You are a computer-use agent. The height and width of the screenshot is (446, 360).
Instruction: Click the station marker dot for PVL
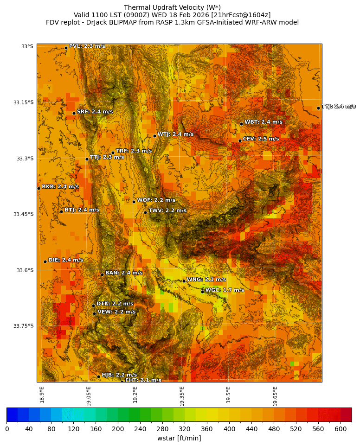click(66, 48)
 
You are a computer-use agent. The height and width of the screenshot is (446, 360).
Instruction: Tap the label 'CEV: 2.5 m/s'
click(261, 139)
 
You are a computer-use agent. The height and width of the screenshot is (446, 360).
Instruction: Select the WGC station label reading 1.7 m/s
click(225, 290)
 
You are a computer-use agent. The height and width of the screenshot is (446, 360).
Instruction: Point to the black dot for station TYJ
click(318, 108)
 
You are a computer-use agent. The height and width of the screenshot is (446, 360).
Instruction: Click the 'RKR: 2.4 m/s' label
click(60, 187)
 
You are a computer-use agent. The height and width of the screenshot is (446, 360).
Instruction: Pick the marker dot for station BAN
click(102, 274)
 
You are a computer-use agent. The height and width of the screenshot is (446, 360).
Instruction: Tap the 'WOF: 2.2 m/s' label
click(156, 200)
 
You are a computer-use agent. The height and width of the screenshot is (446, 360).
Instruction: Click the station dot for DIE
click(45, 261)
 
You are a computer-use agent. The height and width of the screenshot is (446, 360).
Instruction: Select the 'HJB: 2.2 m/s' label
click(119, 375)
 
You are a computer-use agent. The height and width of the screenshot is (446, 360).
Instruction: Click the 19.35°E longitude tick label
click(182, 396)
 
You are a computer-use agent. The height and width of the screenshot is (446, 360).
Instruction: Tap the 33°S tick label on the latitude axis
click(27, 46)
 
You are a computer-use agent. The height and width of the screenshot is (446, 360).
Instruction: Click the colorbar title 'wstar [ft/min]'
click(179, 438)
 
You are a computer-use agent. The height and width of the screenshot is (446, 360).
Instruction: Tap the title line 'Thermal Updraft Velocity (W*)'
click(172, 7)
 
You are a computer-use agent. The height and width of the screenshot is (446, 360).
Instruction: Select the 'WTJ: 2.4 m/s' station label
click(175, 134)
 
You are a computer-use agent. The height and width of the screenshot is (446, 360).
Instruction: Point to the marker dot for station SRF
click(74, 113)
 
